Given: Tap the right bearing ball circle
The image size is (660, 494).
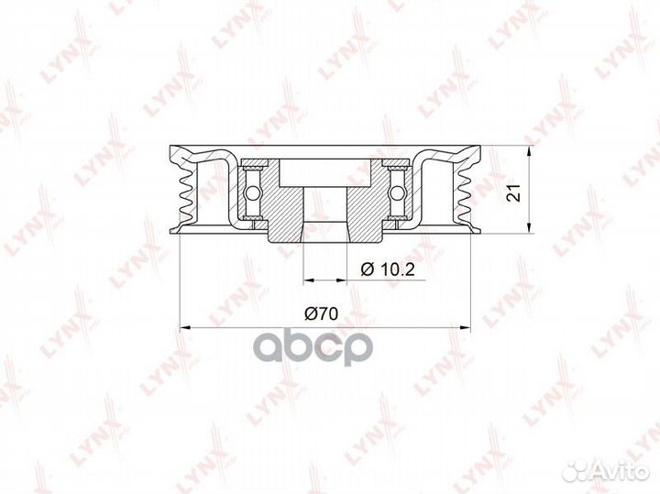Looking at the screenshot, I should (398, 192).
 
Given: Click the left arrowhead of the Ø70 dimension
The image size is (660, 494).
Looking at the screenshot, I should (186, 325).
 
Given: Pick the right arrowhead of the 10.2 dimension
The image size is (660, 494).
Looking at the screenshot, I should (345, 277).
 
